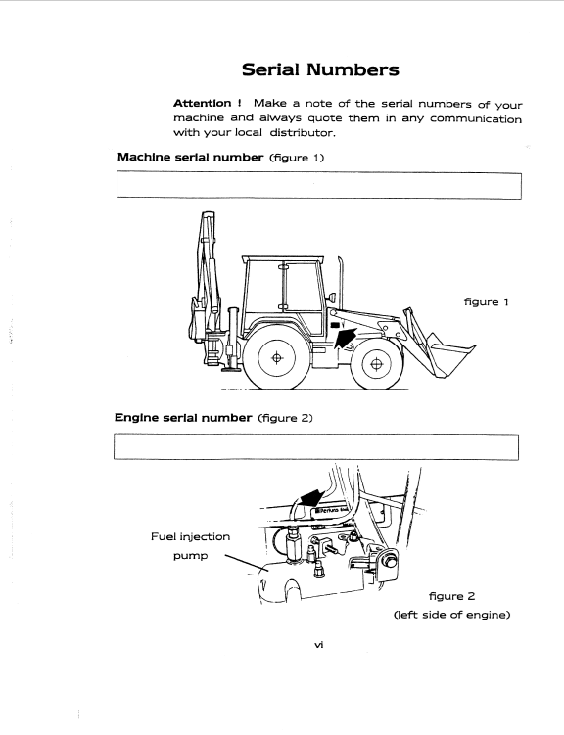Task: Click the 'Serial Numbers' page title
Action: coord(320,69)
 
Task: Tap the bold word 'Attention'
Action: coord(202,103)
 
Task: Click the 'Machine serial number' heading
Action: coord(190,157)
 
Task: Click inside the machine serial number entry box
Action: coord(319,186)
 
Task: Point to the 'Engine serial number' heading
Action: coord(183,418)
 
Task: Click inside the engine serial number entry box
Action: coord(316,446)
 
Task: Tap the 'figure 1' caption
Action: coord(487,302)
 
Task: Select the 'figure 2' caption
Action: coord(452,596)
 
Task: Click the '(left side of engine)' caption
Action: coord(452,615)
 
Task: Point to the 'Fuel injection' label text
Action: coord(190,537)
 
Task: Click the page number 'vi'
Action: coord(319,645)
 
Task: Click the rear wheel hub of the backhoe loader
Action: coord(276,358)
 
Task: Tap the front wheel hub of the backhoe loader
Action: coord(376,364)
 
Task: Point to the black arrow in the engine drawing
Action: coord(312,497)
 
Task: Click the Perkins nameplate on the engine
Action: coord(332,510)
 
